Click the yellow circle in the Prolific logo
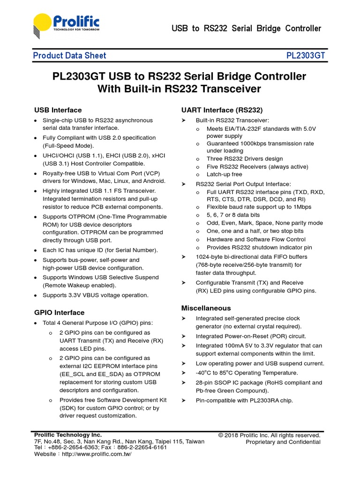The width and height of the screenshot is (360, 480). click(42, 24)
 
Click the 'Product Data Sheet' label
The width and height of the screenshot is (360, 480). click(69, 56)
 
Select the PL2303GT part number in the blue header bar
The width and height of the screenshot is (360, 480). click(306, 56)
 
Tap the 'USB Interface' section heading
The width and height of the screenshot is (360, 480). click(58, 110)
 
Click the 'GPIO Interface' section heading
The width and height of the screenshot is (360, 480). click(59, 313)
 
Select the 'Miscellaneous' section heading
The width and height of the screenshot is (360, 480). click(206, 308)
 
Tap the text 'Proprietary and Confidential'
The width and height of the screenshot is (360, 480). click(283, 442)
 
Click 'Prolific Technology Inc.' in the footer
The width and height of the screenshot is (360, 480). click(68, 435)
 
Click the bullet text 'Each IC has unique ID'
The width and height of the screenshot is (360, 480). click(100, 250)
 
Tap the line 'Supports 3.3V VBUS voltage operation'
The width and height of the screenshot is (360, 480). click(95, 295)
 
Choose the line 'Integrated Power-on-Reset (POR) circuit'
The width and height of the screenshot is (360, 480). click(251, 336)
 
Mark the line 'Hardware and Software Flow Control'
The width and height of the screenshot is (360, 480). click(256, 239)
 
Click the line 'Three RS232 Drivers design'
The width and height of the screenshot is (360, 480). click(245, 159)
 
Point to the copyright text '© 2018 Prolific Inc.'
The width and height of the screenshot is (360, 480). click(270, 435)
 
